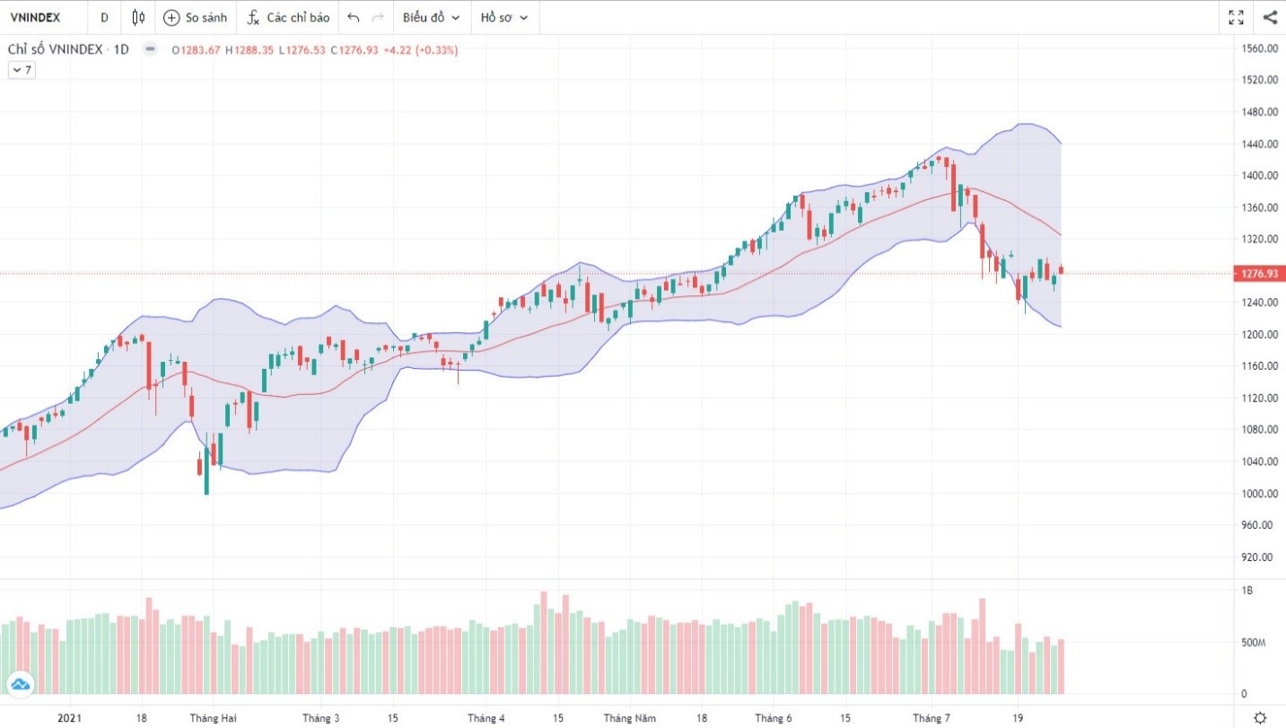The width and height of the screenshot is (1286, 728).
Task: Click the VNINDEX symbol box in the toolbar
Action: point(35,17)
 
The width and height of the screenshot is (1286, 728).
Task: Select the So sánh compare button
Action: point(196,17)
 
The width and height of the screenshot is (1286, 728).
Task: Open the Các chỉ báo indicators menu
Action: point(288,17)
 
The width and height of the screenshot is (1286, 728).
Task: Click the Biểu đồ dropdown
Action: point(430,17)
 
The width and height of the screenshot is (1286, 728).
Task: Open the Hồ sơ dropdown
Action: point(503,17)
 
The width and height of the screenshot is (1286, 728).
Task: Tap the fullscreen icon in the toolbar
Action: point(1236,17)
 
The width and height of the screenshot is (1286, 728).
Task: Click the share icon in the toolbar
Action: point(1270,17)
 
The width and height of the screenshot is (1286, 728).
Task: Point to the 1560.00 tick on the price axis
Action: point(1260,48)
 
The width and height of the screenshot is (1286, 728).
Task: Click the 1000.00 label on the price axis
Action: point(1260,494)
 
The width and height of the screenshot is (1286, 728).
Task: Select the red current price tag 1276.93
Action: point(1260,273)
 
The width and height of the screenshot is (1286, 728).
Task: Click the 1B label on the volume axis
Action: point(1247,591)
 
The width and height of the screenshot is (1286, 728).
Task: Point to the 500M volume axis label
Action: point(1253,643)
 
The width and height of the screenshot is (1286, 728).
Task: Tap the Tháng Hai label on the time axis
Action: point(213,718)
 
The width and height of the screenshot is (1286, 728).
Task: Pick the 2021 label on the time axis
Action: point(70,718)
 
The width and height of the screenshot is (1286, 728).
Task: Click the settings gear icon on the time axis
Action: point(1260,717)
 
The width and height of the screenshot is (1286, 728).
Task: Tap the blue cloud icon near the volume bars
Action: point(21,685)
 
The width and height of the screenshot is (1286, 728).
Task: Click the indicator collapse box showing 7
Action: point(22,70)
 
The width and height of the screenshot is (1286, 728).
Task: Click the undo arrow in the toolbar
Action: point(354,17)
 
